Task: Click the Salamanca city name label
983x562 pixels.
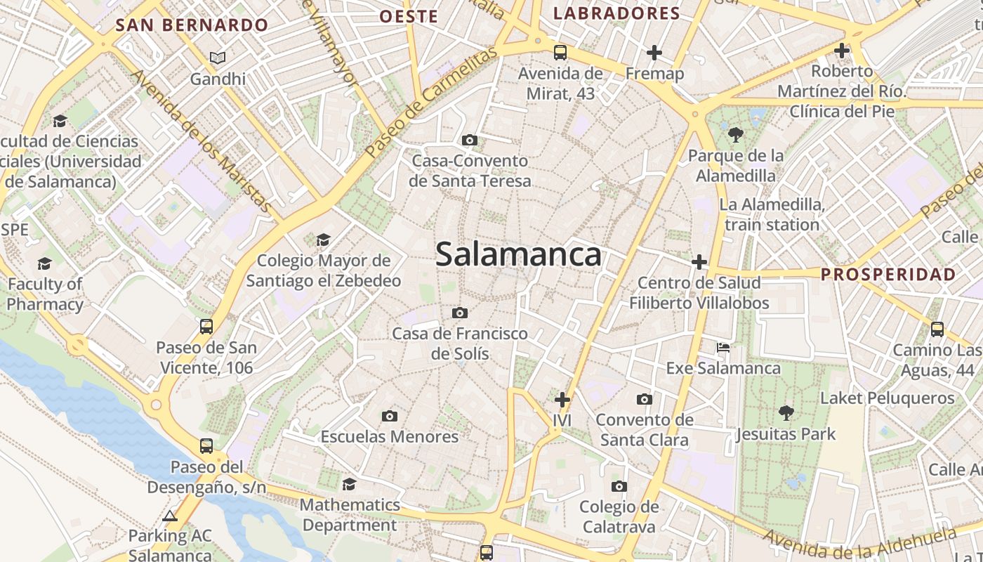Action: click(x=518, y=254)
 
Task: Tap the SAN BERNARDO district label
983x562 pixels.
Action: click(x=192, y=25)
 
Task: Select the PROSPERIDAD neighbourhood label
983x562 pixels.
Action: click(x=888, y=274)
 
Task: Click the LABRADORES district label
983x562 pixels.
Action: click(x=616, y=13)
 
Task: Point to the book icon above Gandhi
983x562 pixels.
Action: click(x=218, y=58)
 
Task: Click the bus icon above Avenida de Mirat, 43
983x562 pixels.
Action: click(x=560, y=52)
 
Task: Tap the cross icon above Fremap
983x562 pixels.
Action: click(x=654, y=53)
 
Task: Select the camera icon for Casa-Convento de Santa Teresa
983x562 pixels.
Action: click(x=470, y=140)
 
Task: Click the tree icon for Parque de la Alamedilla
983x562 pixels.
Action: click(x=735, y=134)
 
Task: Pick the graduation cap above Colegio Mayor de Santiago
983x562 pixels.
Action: click(x=323, y=240)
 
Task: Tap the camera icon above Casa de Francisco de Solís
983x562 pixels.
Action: click(x=460, y=313)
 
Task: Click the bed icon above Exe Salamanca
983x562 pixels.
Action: click(x=723, y=348)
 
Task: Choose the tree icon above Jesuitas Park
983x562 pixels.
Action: click(x=786, y=413)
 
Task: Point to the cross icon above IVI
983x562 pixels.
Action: click(x=562, y=400)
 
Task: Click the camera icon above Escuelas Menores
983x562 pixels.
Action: click(x=390, y=416)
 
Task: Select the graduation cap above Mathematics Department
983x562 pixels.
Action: click(x=349, y=484)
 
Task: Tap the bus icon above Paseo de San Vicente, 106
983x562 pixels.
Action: click(x=206, y=327)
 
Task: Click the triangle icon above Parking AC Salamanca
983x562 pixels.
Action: click(x=169, y=516)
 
